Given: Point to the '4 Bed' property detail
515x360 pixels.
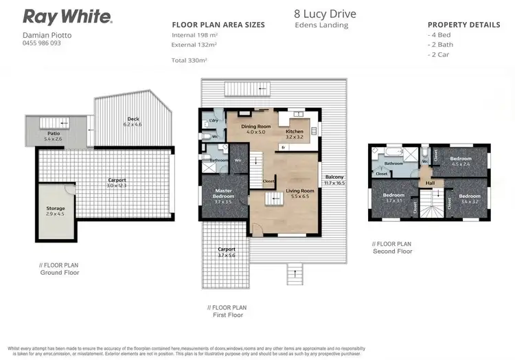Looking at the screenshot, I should click(x=442, y=34).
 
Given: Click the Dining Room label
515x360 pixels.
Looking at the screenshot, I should click(x=254, y=127).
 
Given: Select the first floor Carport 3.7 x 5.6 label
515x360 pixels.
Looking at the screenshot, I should click(x=226, y=251).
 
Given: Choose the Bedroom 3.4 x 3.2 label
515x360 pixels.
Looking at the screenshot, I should click(x=470, y=199).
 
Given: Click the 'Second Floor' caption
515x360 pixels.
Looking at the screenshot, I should click(x=392, y=251).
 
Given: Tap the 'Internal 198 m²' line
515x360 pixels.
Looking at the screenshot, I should click(x=195, y=34).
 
